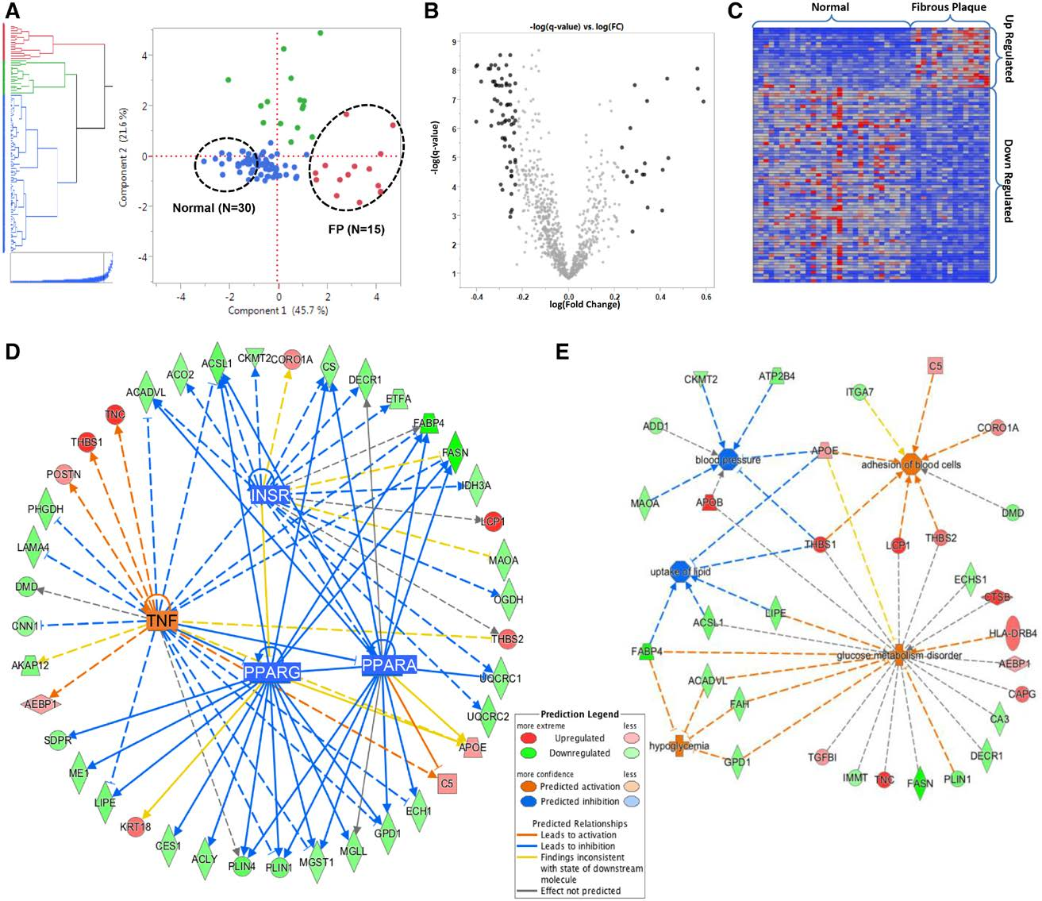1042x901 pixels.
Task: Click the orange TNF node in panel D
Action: point(161,621)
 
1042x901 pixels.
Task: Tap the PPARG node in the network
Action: point(272,672)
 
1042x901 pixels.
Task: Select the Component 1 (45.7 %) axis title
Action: point(278,310)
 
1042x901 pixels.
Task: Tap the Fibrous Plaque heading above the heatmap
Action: point(948,8)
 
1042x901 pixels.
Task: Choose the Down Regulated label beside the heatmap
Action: point(1008,180)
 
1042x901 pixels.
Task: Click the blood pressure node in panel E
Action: point(728,460)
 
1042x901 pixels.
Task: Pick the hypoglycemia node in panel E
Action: point(679,746)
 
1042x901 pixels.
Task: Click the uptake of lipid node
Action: point(680,572)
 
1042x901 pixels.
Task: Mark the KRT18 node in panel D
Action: point(135,826)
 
